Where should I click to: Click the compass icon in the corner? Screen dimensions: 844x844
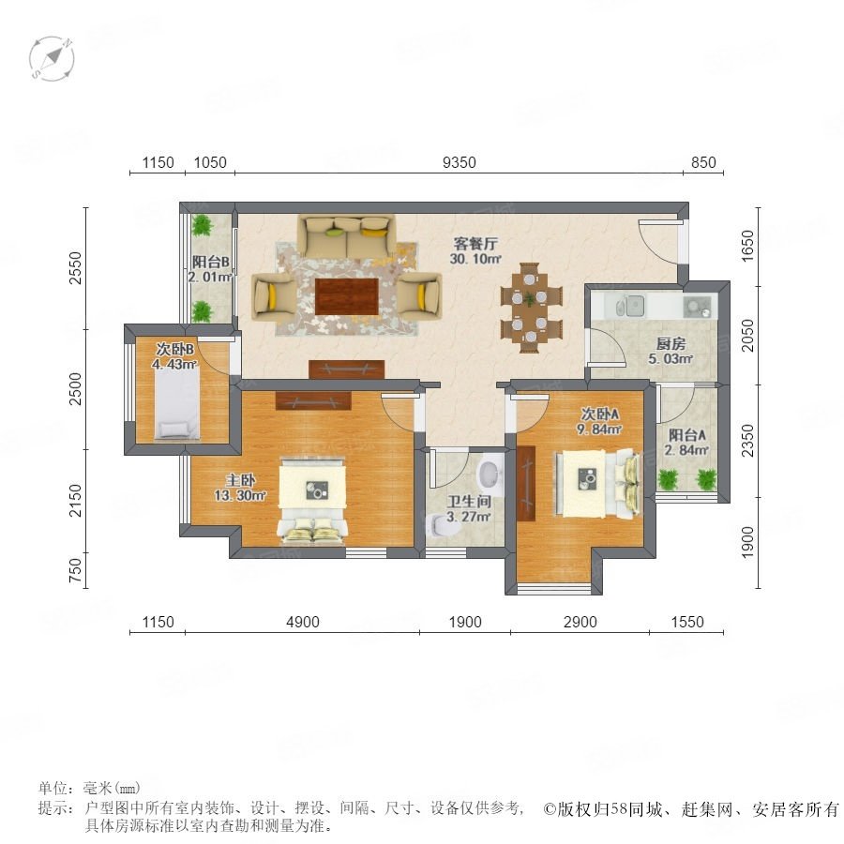52,59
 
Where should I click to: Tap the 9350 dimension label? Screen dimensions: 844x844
460,162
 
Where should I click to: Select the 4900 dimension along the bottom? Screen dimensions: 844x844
303,622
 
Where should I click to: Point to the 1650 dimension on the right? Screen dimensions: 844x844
748,246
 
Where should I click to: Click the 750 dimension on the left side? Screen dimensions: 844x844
76,570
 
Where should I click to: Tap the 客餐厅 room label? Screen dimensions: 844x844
475,244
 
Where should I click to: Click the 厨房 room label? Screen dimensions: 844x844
671,343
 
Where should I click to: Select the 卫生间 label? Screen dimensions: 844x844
469,502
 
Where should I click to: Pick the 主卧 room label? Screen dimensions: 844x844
240,479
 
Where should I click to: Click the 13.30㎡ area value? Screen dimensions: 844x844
240,495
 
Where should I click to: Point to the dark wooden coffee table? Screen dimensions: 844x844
347,296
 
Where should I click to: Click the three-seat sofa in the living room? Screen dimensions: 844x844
347,237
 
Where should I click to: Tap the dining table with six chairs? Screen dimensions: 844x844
530,308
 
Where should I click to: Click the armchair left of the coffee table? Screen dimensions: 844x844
275,294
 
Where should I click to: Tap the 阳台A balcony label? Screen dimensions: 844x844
687,435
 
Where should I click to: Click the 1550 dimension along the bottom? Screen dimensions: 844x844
687,622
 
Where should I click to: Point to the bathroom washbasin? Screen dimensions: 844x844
490,475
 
